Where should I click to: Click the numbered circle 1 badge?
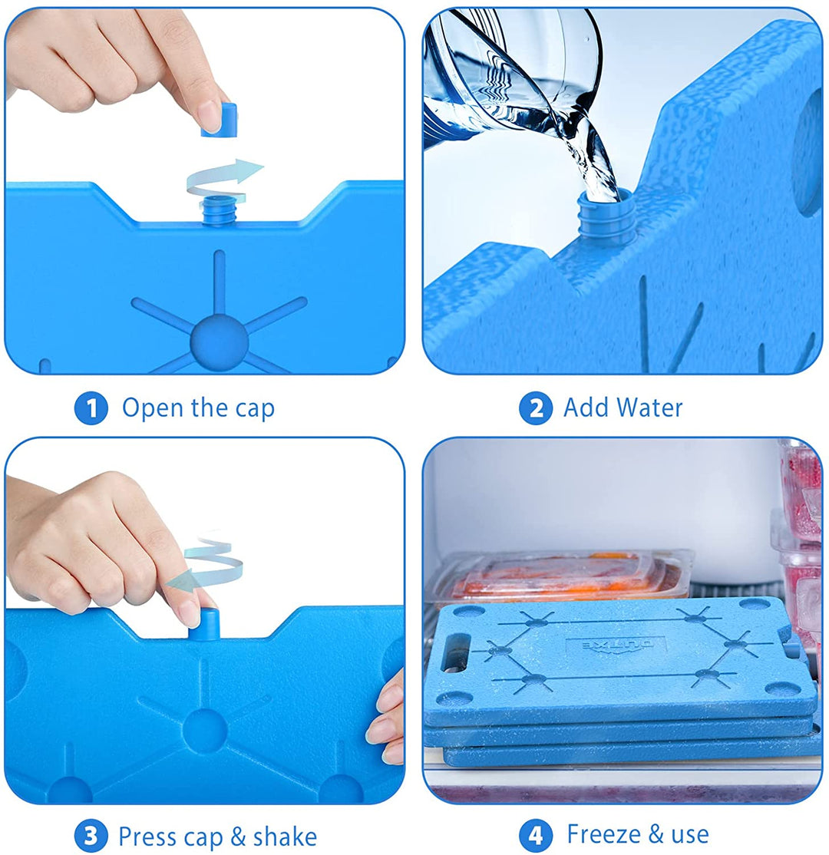(91, 408)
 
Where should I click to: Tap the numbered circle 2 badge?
(535, 408)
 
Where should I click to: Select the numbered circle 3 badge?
(91, 836)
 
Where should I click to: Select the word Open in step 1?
(152, 408)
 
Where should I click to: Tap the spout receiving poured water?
(606, 218)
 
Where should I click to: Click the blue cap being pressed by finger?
(205, 623)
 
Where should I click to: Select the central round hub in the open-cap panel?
(220, 338)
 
